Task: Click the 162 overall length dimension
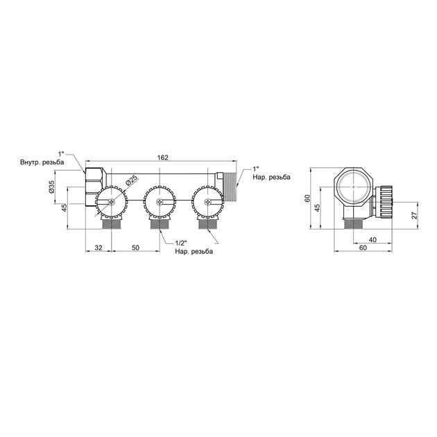(x=162, y=157)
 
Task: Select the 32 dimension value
(x=98, y=248)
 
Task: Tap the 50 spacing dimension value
(x=135, y=248)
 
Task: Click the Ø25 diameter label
(x=131, y=180)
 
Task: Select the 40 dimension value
(x=372, y=240)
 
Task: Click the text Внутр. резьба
(x=42, y=162)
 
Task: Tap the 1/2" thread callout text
(x=181, y=242)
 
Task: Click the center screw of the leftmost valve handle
(x=112, y=202)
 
